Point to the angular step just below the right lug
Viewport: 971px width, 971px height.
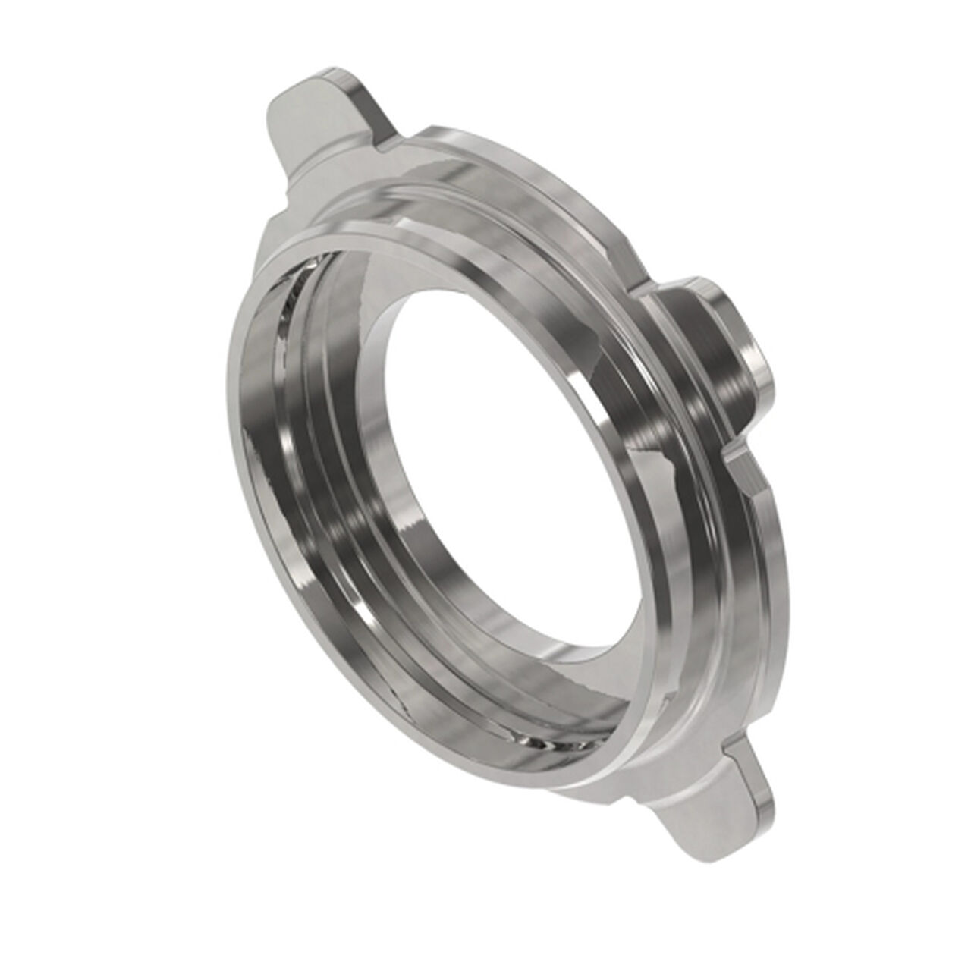tap(740, 463)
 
